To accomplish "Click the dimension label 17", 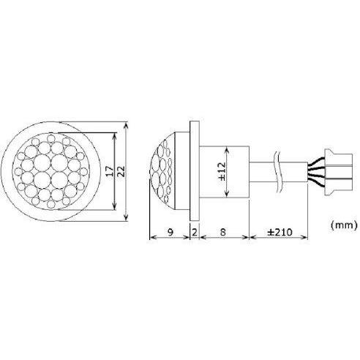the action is (110, 171).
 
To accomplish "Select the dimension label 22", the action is (121, 171).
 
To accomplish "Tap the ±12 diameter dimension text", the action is (222, 171).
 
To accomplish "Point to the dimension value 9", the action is (170, 232).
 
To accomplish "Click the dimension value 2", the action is (195, 232).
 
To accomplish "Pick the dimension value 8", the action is (222, 232).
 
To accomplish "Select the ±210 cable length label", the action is (280, 232).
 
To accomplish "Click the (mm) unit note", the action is (344, 225).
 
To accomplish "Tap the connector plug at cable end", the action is (338, 172).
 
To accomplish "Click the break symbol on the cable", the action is (278, 171).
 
